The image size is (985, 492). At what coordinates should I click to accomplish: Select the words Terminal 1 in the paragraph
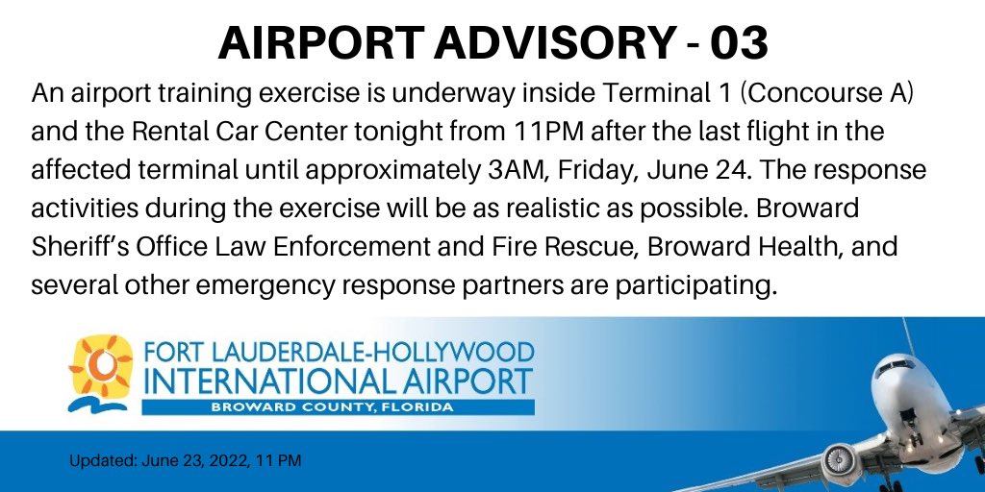[x=644, y=95]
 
